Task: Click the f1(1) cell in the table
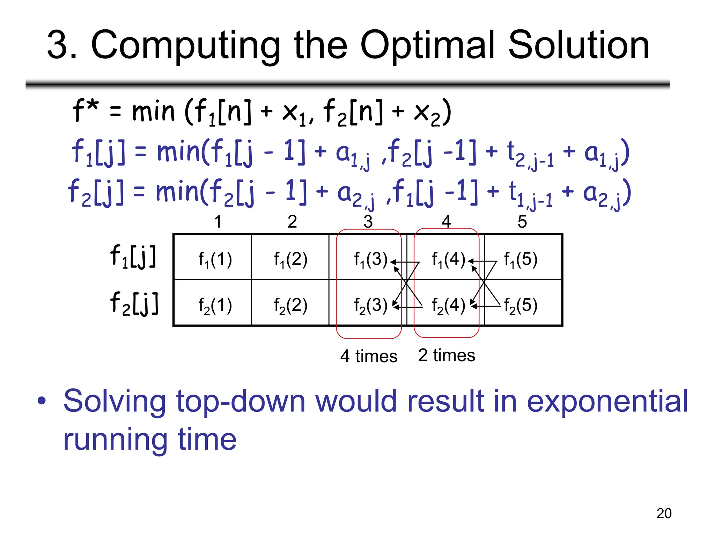[215, 260]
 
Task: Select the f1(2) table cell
[290, 260]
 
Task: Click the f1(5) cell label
[521, 260]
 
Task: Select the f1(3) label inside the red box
[370, 260]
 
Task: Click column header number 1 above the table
[218, 221]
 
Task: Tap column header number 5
[522, 221]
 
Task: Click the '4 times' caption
[369, 356]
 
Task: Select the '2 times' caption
[447, 355]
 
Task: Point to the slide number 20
[664, 513]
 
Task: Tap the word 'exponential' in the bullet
[607, 402]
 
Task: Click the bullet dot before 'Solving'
[42, 401]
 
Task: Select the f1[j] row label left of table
[133, 257]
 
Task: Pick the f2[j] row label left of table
[134, 303]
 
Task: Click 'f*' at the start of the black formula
[85, 110]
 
